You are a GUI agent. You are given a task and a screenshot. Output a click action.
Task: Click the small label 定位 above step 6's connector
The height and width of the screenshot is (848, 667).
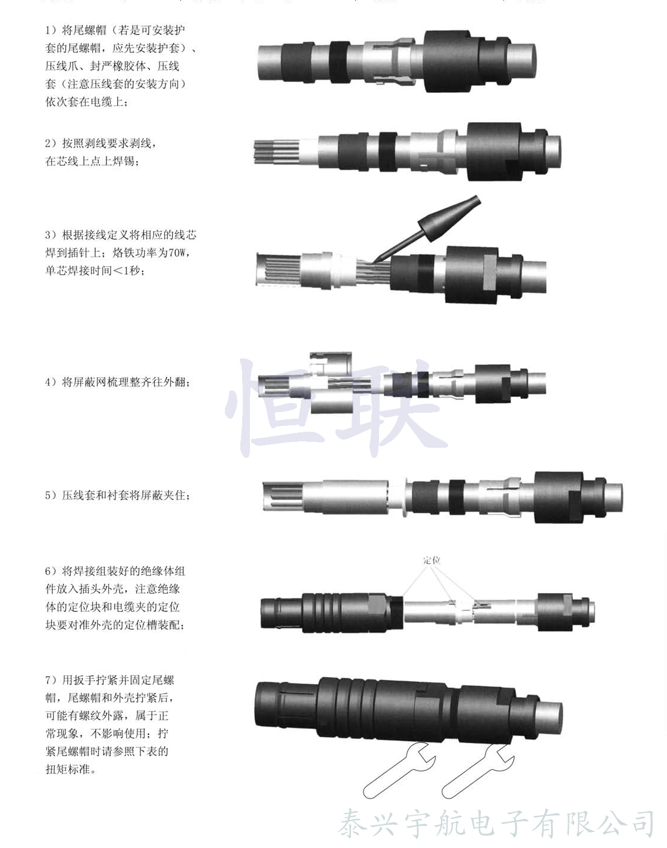coord(431,560)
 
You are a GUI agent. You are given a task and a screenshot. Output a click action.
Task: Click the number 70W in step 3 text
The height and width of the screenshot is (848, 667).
coord(177,252)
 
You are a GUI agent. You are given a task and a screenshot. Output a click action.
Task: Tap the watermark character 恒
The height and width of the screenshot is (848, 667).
coord(275,408)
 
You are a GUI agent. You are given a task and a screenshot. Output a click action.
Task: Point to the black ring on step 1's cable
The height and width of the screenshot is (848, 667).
coord(339,63)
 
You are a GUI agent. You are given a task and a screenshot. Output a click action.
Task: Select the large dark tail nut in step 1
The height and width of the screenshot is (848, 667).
coord(452,61)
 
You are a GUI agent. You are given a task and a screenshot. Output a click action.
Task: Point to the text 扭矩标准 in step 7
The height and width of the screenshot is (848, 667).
coord(68,769)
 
